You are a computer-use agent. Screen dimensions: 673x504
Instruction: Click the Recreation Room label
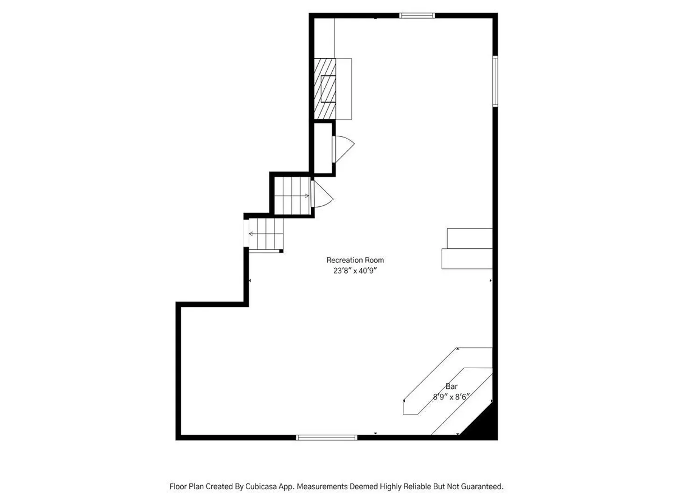355,260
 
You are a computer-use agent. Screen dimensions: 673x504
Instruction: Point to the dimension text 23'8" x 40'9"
355,271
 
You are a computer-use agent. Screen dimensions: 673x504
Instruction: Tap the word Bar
451,386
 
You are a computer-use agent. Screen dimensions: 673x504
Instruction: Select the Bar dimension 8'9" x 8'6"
451,397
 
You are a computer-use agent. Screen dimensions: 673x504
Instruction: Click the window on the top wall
417,15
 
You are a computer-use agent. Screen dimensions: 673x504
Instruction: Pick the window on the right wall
495,81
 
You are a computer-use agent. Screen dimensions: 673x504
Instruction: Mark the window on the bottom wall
327,437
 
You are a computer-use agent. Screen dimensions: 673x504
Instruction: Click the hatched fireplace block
325,89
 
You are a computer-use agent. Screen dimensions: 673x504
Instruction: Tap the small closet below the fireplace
323,148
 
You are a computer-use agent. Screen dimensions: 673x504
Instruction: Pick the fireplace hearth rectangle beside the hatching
344,89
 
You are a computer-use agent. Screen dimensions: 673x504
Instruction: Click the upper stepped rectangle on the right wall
470,238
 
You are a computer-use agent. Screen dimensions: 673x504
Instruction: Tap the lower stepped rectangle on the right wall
467,259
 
